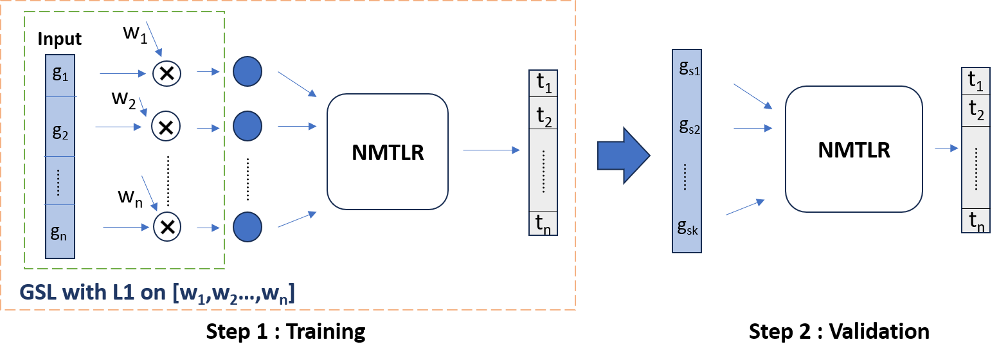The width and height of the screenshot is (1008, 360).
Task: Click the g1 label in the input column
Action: [60, 74]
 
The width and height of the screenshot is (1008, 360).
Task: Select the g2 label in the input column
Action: [60, 132]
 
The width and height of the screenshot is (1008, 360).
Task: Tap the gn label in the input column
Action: [59, 231]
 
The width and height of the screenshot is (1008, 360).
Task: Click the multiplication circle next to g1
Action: [167, 73]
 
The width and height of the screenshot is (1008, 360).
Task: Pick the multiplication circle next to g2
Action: [166, 126]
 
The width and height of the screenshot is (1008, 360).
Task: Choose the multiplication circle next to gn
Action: [167, 226]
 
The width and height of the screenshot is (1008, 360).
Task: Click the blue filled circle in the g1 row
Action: [248, 71]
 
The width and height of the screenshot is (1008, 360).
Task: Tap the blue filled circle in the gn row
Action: [248, 226]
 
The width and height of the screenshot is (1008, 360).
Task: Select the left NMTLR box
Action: [388, 152]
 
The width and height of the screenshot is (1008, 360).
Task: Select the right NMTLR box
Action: [854, 149]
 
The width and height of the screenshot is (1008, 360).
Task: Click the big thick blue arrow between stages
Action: [623, 156]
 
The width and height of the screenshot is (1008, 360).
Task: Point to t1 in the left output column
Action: [543, 84]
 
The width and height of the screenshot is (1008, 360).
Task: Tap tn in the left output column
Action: [543, 224]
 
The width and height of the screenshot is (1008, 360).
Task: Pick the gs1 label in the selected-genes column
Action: [688, 69]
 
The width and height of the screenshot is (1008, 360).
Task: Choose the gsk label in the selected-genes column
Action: [688, 227]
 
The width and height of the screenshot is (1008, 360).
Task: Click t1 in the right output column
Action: [975, 80]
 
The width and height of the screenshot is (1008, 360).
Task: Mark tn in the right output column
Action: [975, 221]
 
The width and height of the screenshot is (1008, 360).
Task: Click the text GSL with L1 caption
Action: [157, 293]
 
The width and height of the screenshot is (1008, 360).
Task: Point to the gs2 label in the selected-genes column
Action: [688, 127]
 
